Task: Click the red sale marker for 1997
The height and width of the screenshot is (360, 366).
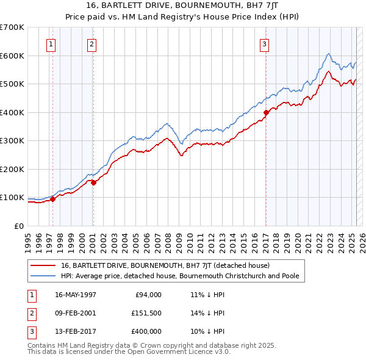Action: (x=53, y=198)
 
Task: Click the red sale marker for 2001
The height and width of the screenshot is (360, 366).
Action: (x=93, y=182)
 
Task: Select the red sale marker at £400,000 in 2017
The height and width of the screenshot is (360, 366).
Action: (x=266, y=112)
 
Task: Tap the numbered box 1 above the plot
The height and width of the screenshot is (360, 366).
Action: (x=51, y=43)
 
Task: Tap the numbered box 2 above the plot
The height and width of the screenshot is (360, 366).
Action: (x=91, y=43)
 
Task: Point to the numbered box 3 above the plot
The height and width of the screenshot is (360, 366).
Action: (x=264, y=43)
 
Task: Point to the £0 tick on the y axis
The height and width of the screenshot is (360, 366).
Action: (x=19, y=226)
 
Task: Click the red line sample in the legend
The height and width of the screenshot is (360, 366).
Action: (x=42, y=265)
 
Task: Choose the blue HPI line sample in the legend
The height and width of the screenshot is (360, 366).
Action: (x=42, y=276)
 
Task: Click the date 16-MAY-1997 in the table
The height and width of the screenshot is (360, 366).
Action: (x=75, y=295)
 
